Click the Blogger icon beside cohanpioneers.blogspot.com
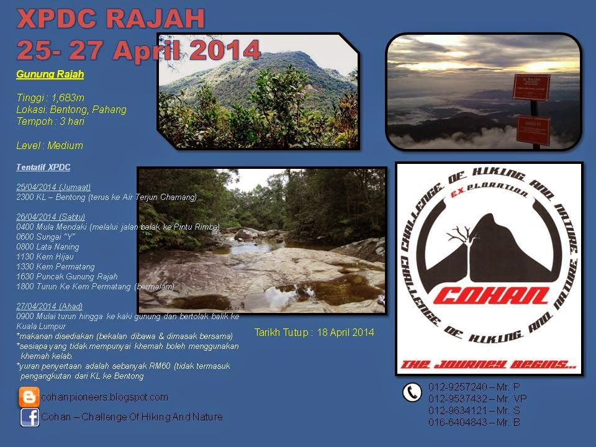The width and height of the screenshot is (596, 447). click(29, 397)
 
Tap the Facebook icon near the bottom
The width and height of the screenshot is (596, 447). click(30, 417)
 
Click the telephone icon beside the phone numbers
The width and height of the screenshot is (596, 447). click(412, 392)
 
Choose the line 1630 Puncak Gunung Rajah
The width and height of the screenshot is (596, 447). click(67, 276)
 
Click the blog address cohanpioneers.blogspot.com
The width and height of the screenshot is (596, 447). click(104, 397)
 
